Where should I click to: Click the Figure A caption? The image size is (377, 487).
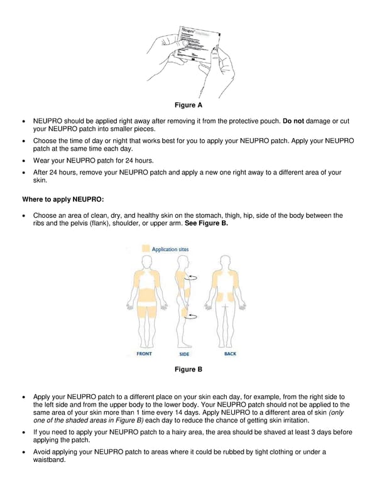click(x=188, y=105)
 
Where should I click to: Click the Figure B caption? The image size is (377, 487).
click(x=188, y=369)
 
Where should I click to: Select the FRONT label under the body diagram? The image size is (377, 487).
click(x=144, y=354)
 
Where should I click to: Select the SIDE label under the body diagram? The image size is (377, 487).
click(x=184, y=355)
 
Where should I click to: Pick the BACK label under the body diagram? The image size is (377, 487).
click(x=230, y=354)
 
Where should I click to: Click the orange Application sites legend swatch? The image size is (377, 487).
click(x=146, y=249)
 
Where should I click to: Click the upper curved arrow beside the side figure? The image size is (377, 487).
click(x=194, y=276)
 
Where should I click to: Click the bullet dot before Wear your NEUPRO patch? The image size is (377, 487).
click(x=24, y=161)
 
